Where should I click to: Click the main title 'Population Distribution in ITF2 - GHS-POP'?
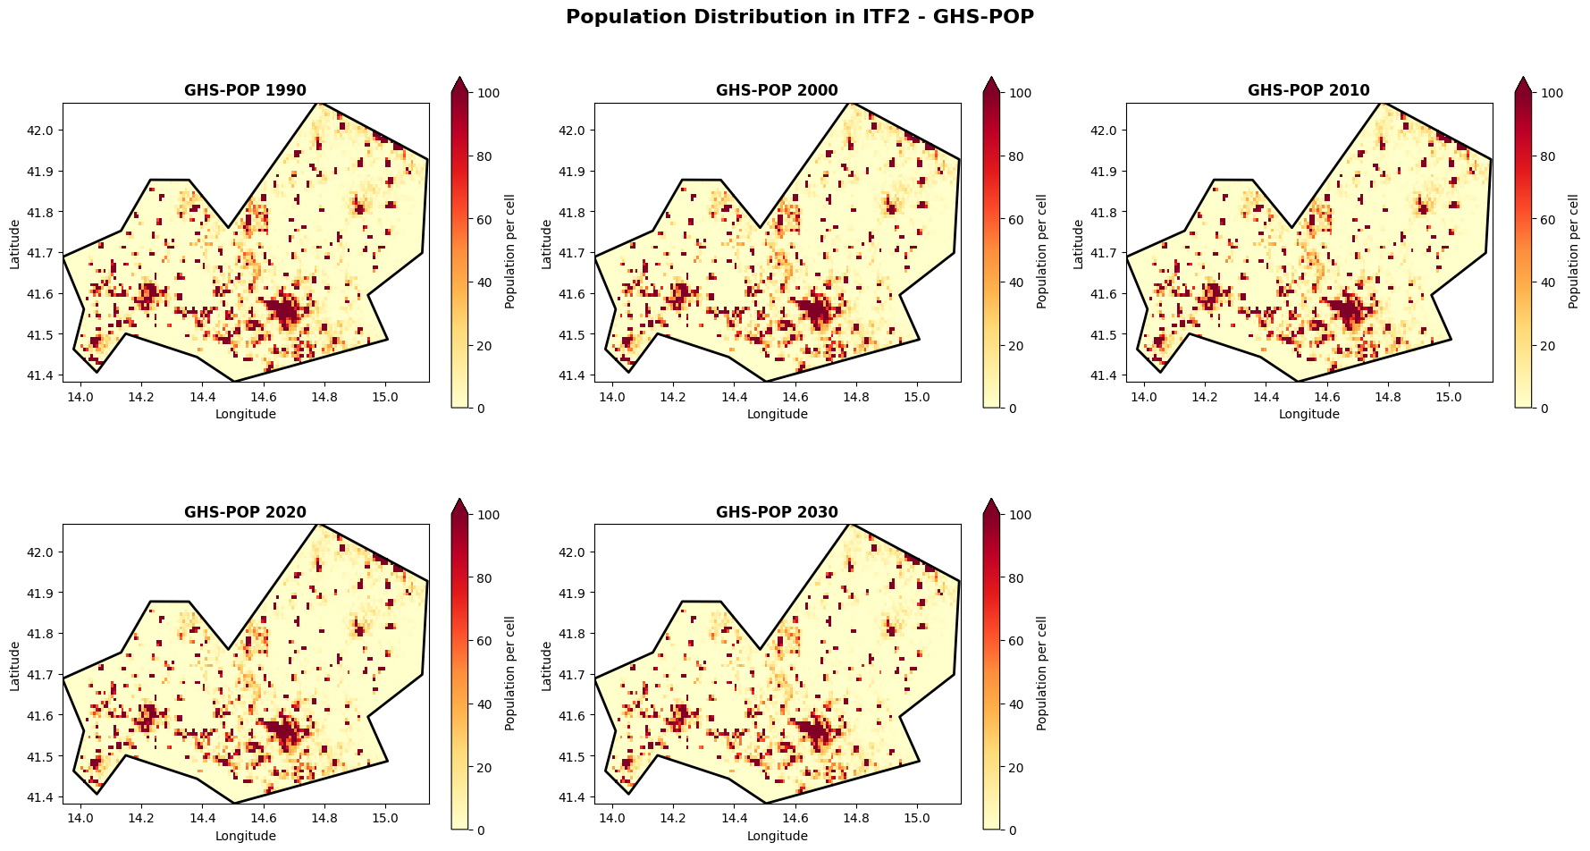799,17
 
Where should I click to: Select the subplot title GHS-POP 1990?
245,90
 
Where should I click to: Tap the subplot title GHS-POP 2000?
777,90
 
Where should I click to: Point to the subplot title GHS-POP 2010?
1308,90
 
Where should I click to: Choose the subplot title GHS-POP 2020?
245,512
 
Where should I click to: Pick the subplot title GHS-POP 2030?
777,512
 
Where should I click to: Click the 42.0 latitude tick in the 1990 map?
43,131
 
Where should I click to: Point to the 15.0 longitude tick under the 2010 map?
1448,396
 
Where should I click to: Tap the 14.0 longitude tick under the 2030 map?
612,818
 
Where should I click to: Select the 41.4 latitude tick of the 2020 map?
43,797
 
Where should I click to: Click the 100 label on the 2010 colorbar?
1552,93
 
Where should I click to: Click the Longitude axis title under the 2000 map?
777,414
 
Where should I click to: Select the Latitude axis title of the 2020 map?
15,665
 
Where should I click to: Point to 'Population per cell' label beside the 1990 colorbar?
510,251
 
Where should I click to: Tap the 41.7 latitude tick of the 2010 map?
1106,253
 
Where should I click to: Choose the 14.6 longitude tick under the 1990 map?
264,396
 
